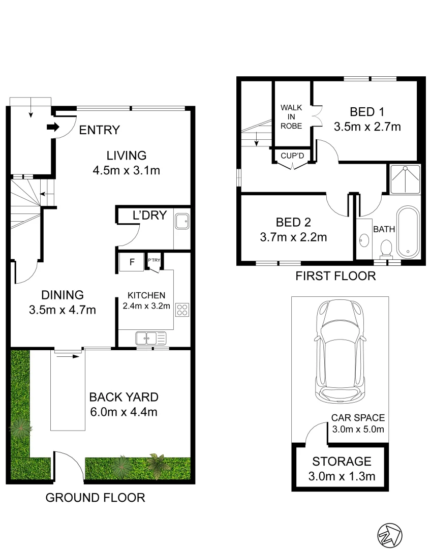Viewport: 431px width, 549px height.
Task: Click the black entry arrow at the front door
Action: [x=53, y=127]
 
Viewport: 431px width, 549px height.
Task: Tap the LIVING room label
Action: [x=126, y=156]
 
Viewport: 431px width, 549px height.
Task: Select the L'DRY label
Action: [x=149, y=216]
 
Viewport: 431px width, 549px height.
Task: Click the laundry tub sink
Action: [x=182, y=222]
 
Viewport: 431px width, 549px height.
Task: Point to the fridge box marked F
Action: [x=132, y=262]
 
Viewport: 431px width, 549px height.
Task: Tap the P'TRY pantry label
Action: [x=153, y=261]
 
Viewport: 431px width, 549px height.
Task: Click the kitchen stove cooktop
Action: [x=182, y=310]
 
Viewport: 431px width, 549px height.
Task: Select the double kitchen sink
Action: [x=150, y=337]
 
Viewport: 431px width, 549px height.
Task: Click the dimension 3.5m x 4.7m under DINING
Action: [x=63, y=310]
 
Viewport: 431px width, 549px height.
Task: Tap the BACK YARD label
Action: [x=124, y=397]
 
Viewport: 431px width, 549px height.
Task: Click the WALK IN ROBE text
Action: [x=292, y=117]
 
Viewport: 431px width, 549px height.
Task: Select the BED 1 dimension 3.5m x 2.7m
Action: [x=367, y=127]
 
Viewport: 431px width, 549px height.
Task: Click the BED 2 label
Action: [x=293, y=222]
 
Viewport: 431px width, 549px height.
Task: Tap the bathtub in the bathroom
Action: [x=408, y=232]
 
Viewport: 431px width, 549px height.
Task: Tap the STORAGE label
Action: [x=342, y=462]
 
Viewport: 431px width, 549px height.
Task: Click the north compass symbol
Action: [x=389, y=535]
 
